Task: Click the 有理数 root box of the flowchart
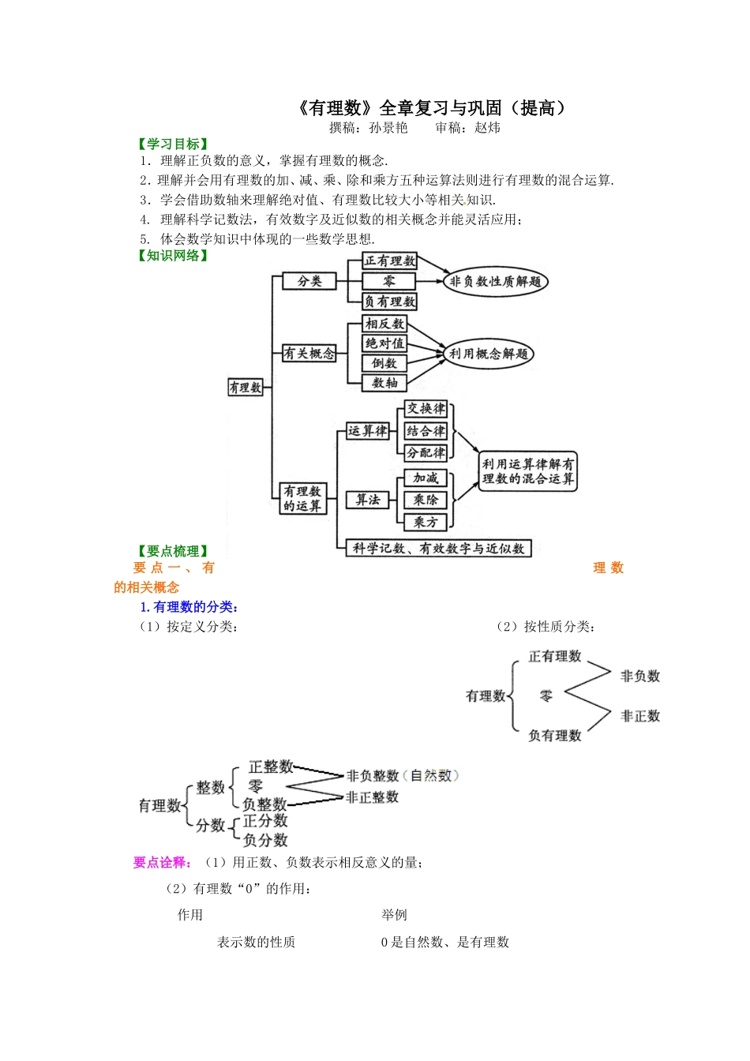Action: coord(245,388)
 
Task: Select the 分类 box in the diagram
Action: coord(309,281)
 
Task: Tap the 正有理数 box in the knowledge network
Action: coord(390,261)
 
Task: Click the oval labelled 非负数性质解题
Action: coord(495,282)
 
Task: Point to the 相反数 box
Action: coord(384,324)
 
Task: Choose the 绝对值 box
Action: coord(384,343)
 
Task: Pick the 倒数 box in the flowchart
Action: coord(384,363)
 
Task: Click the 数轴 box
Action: coord(384,383)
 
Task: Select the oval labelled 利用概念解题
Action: coord(488,354)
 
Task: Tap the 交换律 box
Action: coord(426,409)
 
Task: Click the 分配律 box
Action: coord(426,453)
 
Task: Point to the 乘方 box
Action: coord(426,522)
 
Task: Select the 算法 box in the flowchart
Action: coord(368,500)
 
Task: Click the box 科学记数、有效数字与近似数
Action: coord(438,549)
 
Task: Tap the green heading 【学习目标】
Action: coord(174,144)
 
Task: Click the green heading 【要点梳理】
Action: coord(174,551)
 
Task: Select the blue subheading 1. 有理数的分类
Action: coord(189,606)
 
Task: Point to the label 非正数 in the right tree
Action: coord(639,716)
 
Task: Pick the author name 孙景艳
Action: coord(388,128)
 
